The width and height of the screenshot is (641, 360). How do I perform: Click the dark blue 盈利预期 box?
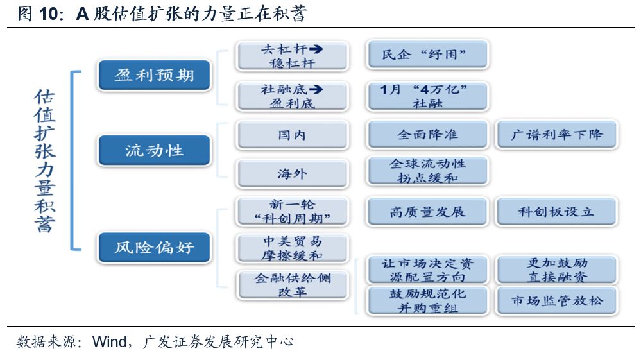[154, 75]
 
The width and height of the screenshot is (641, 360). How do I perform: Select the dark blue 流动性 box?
[154, 151]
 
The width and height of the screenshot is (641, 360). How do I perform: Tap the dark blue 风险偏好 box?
[154, 247]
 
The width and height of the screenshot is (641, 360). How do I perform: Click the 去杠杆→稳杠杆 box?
[292, 56]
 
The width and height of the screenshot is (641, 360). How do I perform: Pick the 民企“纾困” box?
[427, 55]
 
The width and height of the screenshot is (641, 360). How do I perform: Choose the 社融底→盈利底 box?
[292, 96]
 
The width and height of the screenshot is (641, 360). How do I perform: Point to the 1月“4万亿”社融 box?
[427, 96]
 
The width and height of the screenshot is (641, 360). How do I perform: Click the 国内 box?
[292, 135]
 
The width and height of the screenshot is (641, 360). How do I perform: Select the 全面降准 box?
[427, 135]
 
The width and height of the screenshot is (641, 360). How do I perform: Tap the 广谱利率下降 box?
[556, 135]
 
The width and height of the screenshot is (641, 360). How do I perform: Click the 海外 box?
[292, 173]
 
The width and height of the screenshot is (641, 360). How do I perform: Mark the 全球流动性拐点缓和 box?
[427, 171]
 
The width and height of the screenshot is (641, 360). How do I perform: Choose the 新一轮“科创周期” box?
[292, 211]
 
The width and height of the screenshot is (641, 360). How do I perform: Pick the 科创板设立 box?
[556, 211]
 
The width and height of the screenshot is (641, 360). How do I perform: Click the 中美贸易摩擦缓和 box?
[292, 248]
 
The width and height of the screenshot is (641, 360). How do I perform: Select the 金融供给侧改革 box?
[292, 285]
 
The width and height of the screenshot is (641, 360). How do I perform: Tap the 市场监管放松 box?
[556, 300]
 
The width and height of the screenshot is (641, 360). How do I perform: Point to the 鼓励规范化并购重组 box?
[427, 300]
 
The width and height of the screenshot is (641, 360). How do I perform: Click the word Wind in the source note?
[109, 341]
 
